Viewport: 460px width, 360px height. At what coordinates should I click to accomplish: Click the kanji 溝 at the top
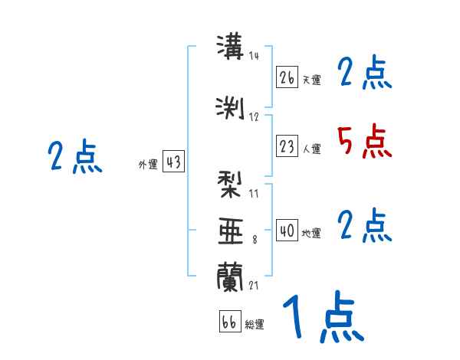click(230, 48)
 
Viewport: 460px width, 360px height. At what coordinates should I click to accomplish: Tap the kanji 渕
click(230, 106)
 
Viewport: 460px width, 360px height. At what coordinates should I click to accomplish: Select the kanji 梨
click(230, 185)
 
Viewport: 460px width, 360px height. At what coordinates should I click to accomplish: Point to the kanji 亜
click(230, 231)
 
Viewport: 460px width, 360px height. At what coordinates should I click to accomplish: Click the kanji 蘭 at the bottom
click(230, 277)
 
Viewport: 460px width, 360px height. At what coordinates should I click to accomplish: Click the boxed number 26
click(287, 77)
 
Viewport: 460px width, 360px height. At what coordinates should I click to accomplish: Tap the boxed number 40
click(287, 231)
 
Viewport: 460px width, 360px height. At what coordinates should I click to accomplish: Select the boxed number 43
click(172, 162)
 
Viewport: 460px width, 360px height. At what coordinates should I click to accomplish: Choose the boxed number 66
click(229, 322)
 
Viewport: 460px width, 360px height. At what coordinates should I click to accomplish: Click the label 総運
click(255, 325)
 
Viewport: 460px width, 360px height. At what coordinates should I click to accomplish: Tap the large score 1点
click(322, 318)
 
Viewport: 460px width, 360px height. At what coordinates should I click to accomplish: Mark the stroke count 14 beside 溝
click(255, 56)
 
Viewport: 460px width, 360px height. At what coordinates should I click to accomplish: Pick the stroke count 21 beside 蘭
click(255, 285)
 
